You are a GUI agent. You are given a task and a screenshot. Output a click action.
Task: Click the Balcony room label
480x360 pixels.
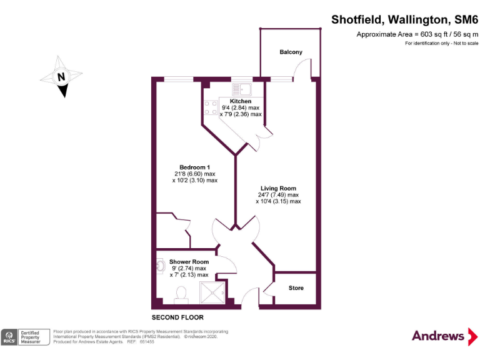(x=291, y=52)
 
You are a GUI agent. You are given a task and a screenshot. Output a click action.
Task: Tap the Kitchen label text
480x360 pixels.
(x=241, y=101)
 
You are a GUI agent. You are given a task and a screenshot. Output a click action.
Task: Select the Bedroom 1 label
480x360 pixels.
(x=194, y=167)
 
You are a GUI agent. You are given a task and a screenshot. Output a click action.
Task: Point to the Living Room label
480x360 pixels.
(x=278, y=188)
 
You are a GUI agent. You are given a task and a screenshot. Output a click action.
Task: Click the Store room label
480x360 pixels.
(x=296, y=288)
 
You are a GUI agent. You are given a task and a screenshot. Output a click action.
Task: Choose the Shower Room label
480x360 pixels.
(x=189, y=262)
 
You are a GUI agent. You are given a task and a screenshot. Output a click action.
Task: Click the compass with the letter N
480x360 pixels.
(x=61, y=77)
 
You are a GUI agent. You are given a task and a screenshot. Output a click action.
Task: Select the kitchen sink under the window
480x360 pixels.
(x=241, y=88)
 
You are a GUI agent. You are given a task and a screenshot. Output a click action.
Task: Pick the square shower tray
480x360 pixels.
(x=211, y=293)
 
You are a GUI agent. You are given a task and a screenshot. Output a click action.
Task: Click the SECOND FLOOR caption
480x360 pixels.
(x=177, y=317)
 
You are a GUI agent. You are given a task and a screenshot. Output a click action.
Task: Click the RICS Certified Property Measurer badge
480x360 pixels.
(x=25, y=337)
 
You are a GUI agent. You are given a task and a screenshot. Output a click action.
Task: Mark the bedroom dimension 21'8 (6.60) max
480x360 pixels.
(x=194, y=174)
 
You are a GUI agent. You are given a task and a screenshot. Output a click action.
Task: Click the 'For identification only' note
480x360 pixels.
(x=441, y=44)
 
